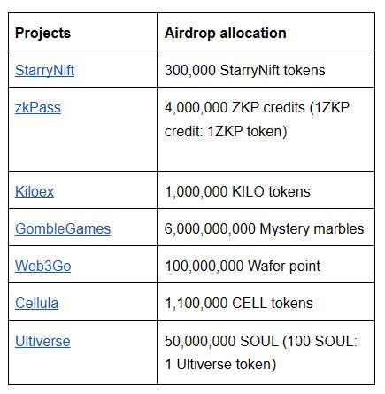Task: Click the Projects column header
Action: pyautogui.click(x=42, y=33)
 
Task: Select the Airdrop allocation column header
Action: pyautogui.click(x=226, y=33)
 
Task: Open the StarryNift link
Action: pyautogui.click(x=44, y=71)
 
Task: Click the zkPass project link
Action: pyautogui.click(x=38, y=108)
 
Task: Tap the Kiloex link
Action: pyautogui.click(x=35, y=191)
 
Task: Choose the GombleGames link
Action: pyautogui.click(x=63, y=228)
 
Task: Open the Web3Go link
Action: pyautogui.click(x=42, y=266)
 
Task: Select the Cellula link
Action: pyautogui.click(x=36, y=303)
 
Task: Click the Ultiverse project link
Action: pyautogui.click(x=42, y=341)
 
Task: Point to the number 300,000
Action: pyautogui.click(x=190, y=71)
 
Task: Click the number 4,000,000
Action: pyautogui.click(x=196, y=108)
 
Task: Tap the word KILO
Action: pyautogui.click(x=248, y=191)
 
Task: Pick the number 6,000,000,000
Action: pyautogui.click(x=210, y=229)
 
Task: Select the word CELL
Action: pyautogui.click(x=250, y=303)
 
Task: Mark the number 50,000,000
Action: pyautogui.click(x=200, y=341)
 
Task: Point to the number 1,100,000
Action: pyautogui.click(x=196, y=304)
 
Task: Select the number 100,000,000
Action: pyautogui.click(x=204, y=267)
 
